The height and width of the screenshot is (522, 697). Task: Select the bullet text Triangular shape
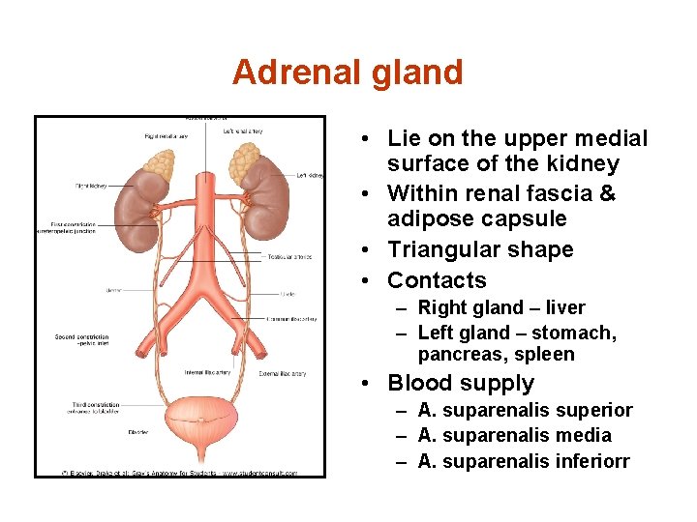point(480,249)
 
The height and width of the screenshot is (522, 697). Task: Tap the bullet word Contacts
point(437,280)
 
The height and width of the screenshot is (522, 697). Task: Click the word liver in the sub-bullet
point(565,308)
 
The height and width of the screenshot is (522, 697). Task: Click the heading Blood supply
point(461,383)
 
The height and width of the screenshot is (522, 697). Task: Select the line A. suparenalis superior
point(525,410)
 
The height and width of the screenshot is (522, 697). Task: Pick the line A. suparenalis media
point(514,435)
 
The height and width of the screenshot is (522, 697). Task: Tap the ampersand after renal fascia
point(608,193)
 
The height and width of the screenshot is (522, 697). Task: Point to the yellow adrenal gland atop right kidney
point(156,163)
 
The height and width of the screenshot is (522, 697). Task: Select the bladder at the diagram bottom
point(202,425)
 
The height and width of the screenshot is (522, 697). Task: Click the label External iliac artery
point(284,374)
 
